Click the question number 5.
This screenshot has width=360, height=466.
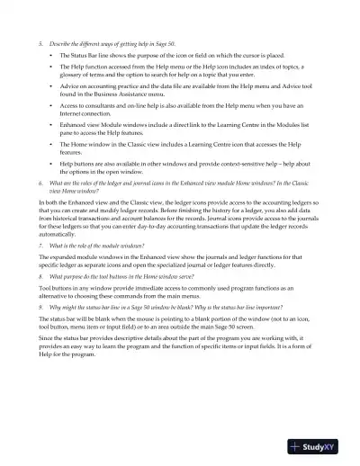click(x=40, y=42)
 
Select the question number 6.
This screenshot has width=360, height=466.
click(x=40, y=182)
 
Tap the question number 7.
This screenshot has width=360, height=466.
click(x=40, y=245)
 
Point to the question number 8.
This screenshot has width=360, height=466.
click(x=40, y=279)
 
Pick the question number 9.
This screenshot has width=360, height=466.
click(x=40, y=307)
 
